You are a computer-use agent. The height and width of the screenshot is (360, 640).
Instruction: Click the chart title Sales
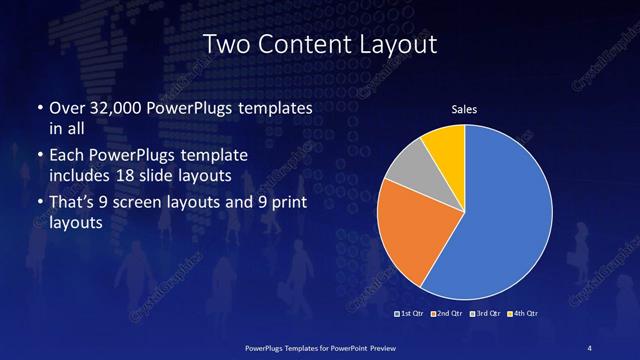[465, 108]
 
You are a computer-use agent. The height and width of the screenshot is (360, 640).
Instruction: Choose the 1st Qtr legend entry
[411, 314]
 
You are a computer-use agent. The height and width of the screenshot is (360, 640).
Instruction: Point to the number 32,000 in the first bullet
[117, 108]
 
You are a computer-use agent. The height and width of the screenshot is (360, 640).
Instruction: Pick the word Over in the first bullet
[66, 108]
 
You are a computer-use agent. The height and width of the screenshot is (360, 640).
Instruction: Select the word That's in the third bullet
[71, 204]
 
